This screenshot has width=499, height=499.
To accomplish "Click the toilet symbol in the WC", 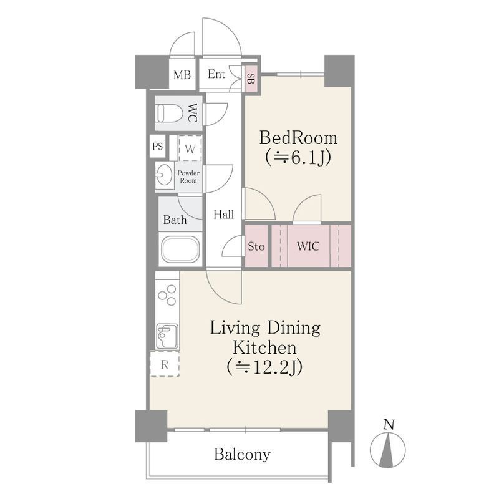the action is (168, 113).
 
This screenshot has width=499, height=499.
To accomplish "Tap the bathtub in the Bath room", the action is (180, 249).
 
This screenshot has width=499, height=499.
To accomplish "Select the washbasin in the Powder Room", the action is (165, 175).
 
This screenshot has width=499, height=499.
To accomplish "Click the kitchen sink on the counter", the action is (167, 336).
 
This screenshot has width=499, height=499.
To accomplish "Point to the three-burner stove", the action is (167, 295).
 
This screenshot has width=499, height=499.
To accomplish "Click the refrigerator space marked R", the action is (165, 364).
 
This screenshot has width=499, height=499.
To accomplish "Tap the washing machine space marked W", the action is (190, 148).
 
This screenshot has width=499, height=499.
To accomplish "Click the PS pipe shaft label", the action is (158, 147).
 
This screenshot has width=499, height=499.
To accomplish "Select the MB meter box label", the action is (182, 75).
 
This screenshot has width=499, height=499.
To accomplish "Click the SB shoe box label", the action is (251, 79).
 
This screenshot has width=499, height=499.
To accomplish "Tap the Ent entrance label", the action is (216, 74).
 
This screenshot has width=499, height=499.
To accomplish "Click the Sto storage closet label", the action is (256, 246).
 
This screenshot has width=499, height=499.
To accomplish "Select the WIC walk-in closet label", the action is (308, 246).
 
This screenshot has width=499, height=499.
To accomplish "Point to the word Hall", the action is (223, 215).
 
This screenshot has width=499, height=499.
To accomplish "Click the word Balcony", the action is (242, 454).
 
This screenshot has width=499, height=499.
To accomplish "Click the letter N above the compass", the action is (389, 425).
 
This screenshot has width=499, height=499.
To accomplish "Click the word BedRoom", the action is (298, 138).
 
